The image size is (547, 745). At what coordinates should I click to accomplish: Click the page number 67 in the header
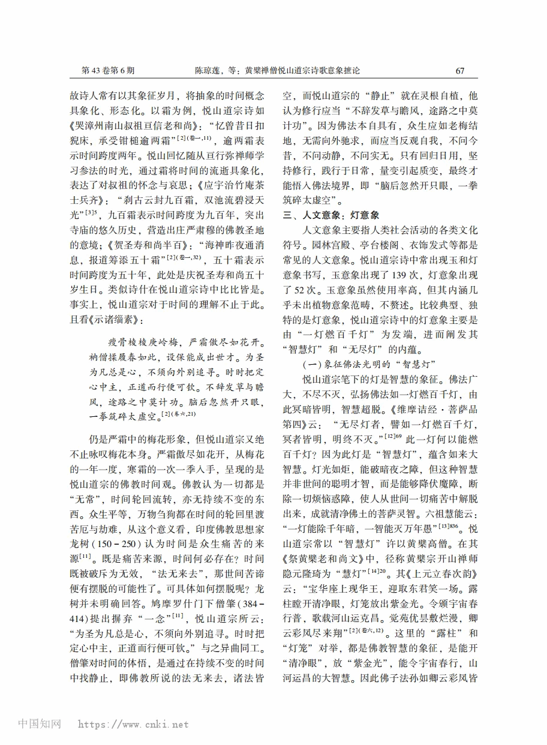click(460, 70)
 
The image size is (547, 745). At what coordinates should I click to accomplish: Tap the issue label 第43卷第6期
click(108, 70)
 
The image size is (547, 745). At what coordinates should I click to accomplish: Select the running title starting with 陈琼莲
click(277, 70)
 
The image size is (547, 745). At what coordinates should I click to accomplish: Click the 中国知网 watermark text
click(40, 723)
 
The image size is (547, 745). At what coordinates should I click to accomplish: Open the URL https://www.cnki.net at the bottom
click(134, 724)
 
